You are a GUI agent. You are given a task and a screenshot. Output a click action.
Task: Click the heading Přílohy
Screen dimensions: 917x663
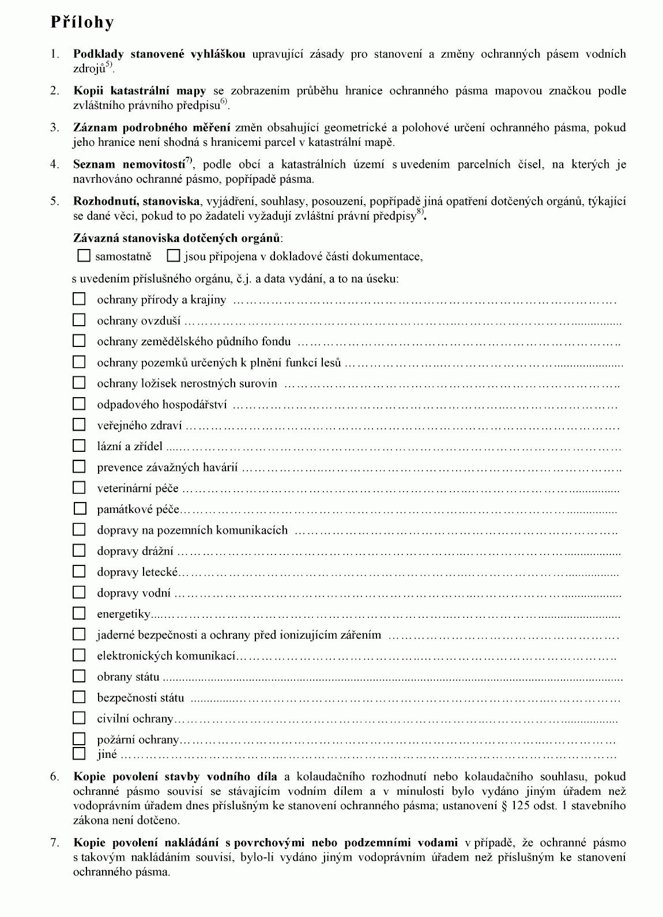point(82,22)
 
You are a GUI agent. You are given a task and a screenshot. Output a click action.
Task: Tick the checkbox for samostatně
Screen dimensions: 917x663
point(84,255)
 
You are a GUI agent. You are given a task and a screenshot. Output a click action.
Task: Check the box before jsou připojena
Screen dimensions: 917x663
point(173,255)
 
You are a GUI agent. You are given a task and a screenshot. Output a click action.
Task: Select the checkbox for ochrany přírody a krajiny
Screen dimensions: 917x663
point(79,299)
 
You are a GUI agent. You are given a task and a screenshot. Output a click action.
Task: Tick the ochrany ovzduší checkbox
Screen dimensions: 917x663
point(79,320)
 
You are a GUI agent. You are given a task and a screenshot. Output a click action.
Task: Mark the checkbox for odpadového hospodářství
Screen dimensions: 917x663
point(79,403)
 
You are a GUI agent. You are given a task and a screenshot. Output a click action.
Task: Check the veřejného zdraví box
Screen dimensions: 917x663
point(79,425)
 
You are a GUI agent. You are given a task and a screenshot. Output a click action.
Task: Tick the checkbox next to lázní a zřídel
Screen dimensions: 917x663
point(79,446)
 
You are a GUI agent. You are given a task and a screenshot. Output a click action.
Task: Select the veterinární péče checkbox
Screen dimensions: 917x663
point(79,488)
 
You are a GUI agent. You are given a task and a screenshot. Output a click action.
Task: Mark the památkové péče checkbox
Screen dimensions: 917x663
point(80,508)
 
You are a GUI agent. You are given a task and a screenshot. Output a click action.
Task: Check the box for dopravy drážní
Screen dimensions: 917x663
point(79,550)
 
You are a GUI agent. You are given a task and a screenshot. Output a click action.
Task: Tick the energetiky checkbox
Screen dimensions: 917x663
point(79,613)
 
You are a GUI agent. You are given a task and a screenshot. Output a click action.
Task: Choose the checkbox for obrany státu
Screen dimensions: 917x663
point(79,676)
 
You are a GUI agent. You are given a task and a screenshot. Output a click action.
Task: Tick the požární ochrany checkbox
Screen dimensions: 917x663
point(79,738)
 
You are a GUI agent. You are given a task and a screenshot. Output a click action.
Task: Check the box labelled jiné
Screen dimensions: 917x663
point(79,753)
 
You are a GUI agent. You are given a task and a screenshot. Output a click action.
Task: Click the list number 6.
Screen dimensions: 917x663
point(55,776)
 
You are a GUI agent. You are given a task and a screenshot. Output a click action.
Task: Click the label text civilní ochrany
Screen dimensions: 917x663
point(135,719)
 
